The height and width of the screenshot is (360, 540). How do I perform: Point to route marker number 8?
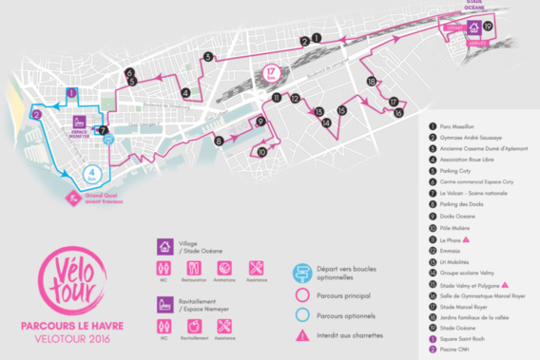coord(219,141)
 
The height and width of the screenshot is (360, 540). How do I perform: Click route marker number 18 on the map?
coord(371,82)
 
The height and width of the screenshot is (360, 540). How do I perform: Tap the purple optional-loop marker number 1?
coord(71,92)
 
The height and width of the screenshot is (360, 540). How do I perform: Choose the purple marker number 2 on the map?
coord(35,114)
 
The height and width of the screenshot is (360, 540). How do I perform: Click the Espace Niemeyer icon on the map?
coord(82,123)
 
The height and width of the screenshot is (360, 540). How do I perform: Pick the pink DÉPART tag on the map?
coord(454,28)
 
